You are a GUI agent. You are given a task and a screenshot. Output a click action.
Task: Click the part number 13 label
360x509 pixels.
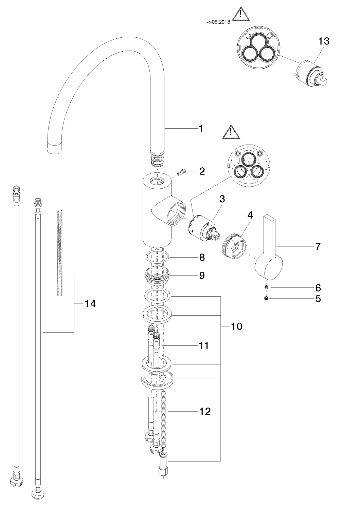(324, 41)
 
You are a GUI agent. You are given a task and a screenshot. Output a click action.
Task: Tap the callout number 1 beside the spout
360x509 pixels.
(201, 129)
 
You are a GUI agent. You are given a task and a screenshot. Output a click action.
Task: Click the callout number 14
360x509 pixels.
(90, 304)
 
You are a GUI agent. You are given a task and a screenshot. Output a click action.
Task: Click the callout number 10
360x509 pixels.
(236, 326)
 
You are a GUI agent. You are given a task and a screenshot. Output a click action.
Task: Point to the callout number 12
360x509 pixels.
(205, 411)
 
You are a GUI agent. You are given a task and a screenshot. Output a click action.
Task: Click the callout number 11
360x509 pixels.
(203, 346)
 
